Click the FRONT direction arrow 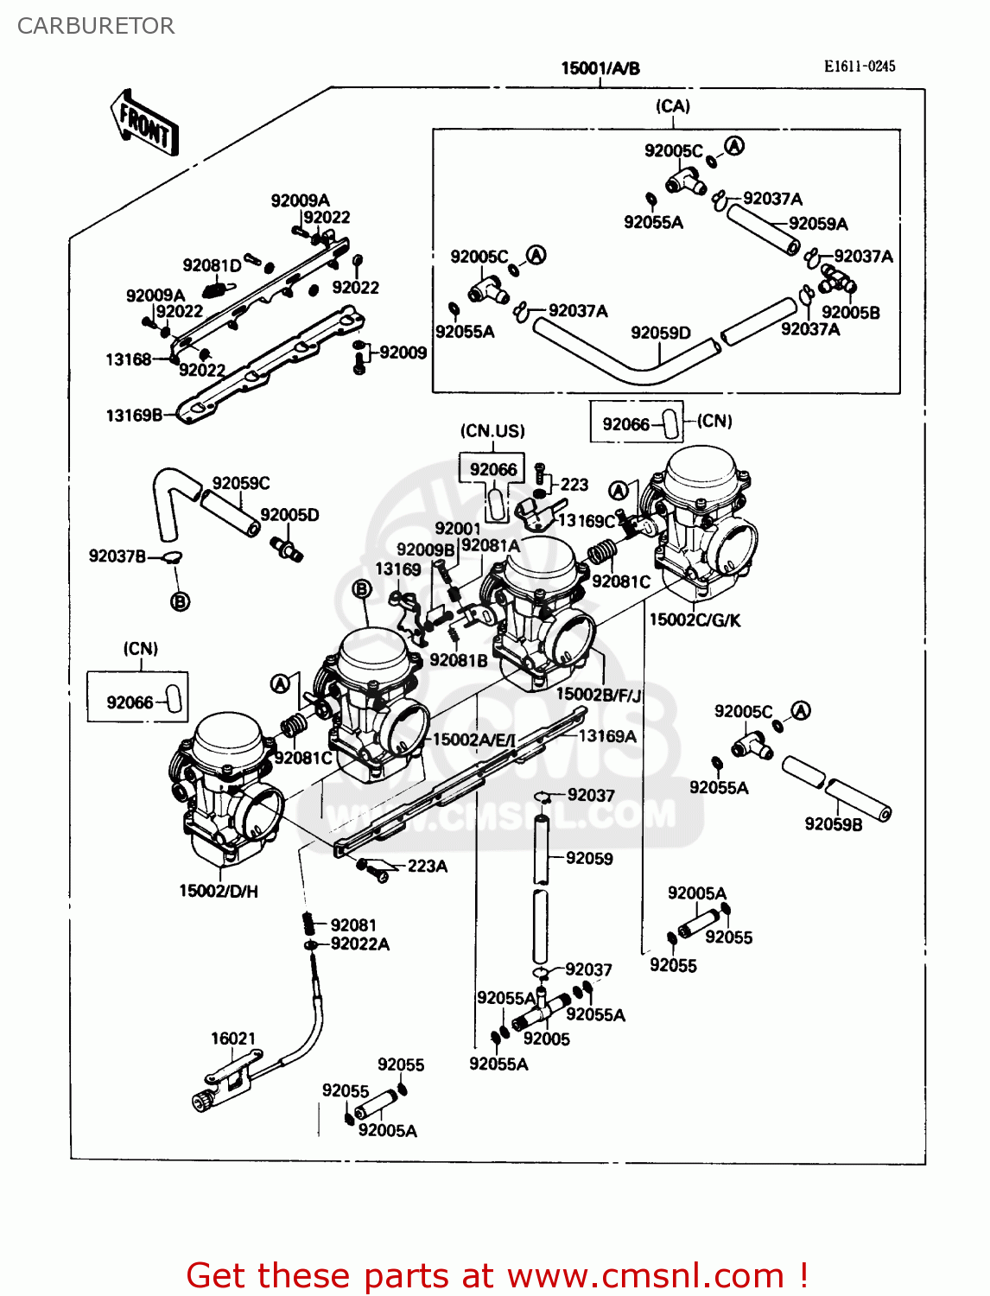144,124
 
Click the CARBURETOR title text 96,26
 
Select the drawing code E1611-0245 859,67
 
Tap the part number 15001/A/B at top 600,68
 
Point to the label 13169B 133,416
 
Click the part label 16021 233,1039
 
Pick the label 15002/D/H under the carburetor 219,891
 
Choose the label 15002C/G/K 695,619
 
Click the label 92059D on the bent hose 660,333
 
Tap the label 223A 427,866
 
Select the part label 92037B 117,556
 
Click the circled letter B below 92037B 180,601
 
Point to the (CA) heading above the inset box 672,106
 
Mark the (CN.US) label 492,431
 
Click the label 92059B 833,824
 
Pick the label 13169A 606,736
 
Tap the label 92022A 359,944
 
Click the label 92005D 289,515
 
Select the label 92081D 212,265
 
